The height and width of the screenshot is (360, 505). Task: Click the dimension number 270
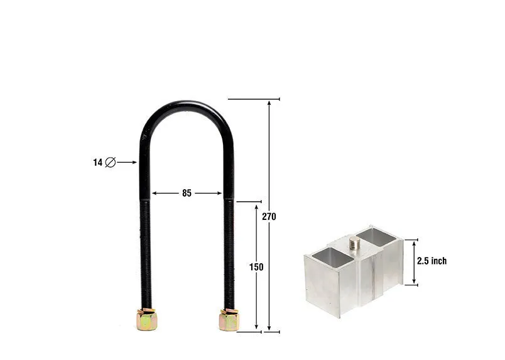click(x=269, y=217)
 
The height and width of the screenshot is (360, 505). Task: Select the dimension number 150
click(x=256, y=267)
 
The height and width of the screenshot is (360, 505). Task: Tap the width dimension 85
click(x=187, y=193)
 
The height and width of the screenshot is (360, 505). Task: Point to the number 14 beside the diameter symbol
click(x=97, y=163)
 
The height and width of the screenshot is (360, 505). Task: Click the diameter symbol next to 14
click(x=111, y=162)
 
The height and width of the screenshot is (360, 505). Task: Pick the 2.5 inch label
click(x=432, y=261)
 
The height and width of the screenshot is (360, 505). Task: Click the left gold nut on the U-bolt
click(x=147, y=319)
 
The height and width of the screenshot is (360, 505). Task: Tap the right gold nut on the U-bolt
click(x=229, y=319)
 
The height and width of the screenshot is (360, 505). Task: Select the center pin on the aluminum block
click(x=356, y=243)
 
